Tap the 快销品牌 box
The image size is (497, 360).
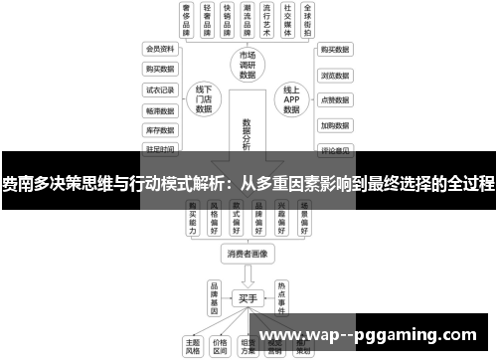(232, 20)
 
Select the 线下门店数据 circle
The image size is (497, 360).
(205, 99)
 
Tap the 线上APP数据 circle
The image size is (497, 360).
(291, 99)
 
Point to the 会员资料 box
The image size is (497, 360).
(159, 48)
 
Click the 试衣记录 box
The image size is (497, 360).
(159, 90)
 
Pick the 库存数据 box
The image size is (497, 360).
(159, 130)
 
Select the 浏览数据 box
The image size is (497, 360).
(334, 74)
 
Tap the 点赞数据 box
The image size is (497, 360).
(334, 99)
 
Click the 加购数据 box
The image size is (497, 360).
(334, 125)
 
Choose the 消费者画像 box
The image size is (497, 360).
(248, 254)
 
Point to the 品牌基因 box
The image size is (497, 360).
(214, 295)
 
